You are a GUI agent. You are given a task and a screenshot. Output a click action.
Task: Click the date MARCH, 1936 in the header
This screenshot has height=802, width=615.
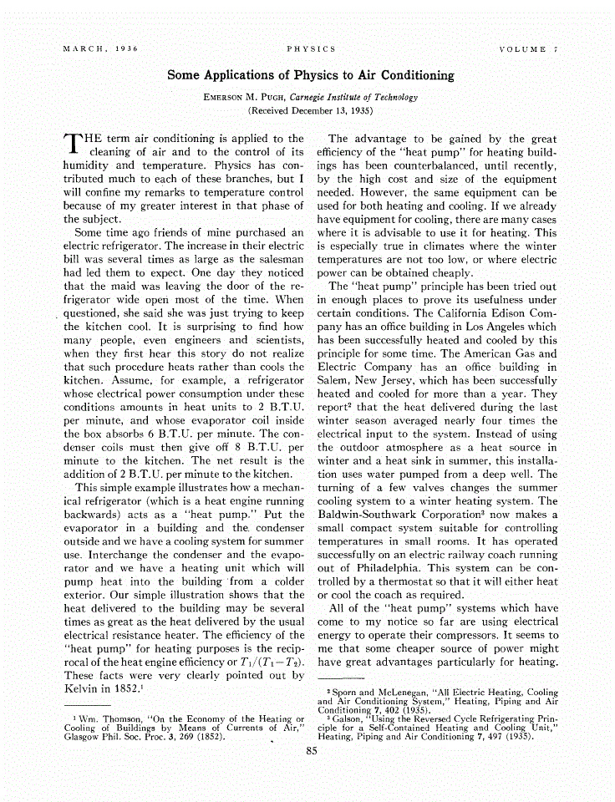point(100,49)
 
